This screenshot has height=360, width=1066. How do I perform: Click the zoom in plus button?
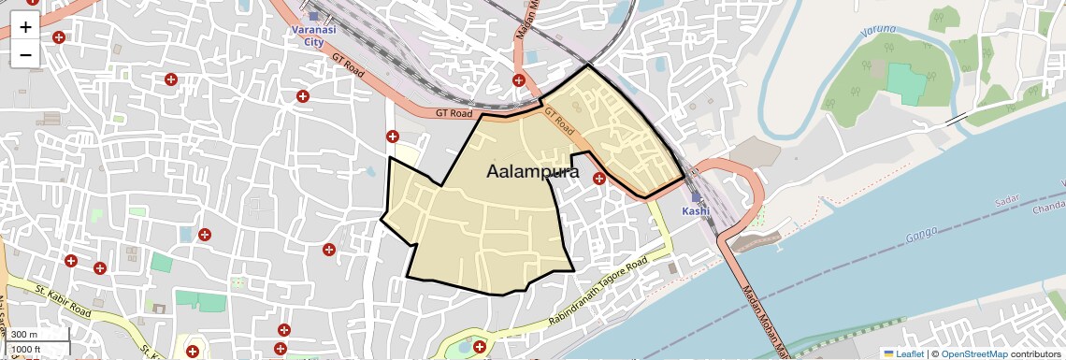click(x=25, y=26)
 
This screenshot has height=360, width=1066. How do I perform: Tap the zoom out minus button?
click(x=25, y=54)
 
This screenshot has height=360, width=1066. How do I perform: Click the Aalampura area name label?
click(x=533, y=172)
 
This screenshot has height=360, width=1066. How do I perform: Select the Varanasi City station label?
click(x=313, y=36)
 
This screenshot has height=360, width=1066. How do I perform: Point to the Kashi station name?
click(x=696, y=211)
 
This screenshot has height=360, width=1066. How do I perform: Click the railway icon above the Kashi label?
click(x=696, y=196)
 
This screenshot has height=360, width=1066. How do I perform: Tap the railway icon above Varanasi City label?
click(x=314, y=15)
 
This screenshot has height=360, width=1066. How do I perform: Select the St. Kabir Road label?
click(x=63, y=301)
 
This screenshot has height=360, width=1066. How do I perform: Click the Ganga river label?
click(x=922, y=237)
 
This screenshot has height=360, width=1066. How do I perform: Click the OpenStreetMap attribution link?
click(x=974, y=353)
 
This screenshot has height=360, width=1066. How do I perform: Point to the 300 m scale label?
click(x=25, y=335)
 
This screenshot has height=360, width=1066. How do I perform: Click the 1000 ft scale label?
click(x=27, y=349)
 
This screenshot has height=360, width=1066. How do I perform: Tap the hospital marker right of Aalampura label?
click(x=598, y=178)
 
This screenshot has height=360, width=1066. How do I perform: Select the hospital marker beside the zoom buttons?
click(x=59, y=37)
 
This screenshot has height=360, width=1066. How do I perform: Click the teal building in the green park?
click(x=904, y=83)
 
